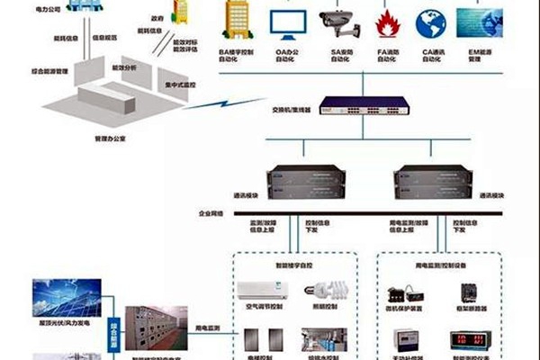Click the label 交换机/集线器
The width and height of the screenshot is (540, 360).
tap(292, 110)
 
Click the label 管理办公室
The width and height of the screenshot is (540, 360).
tap(112, 139)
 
